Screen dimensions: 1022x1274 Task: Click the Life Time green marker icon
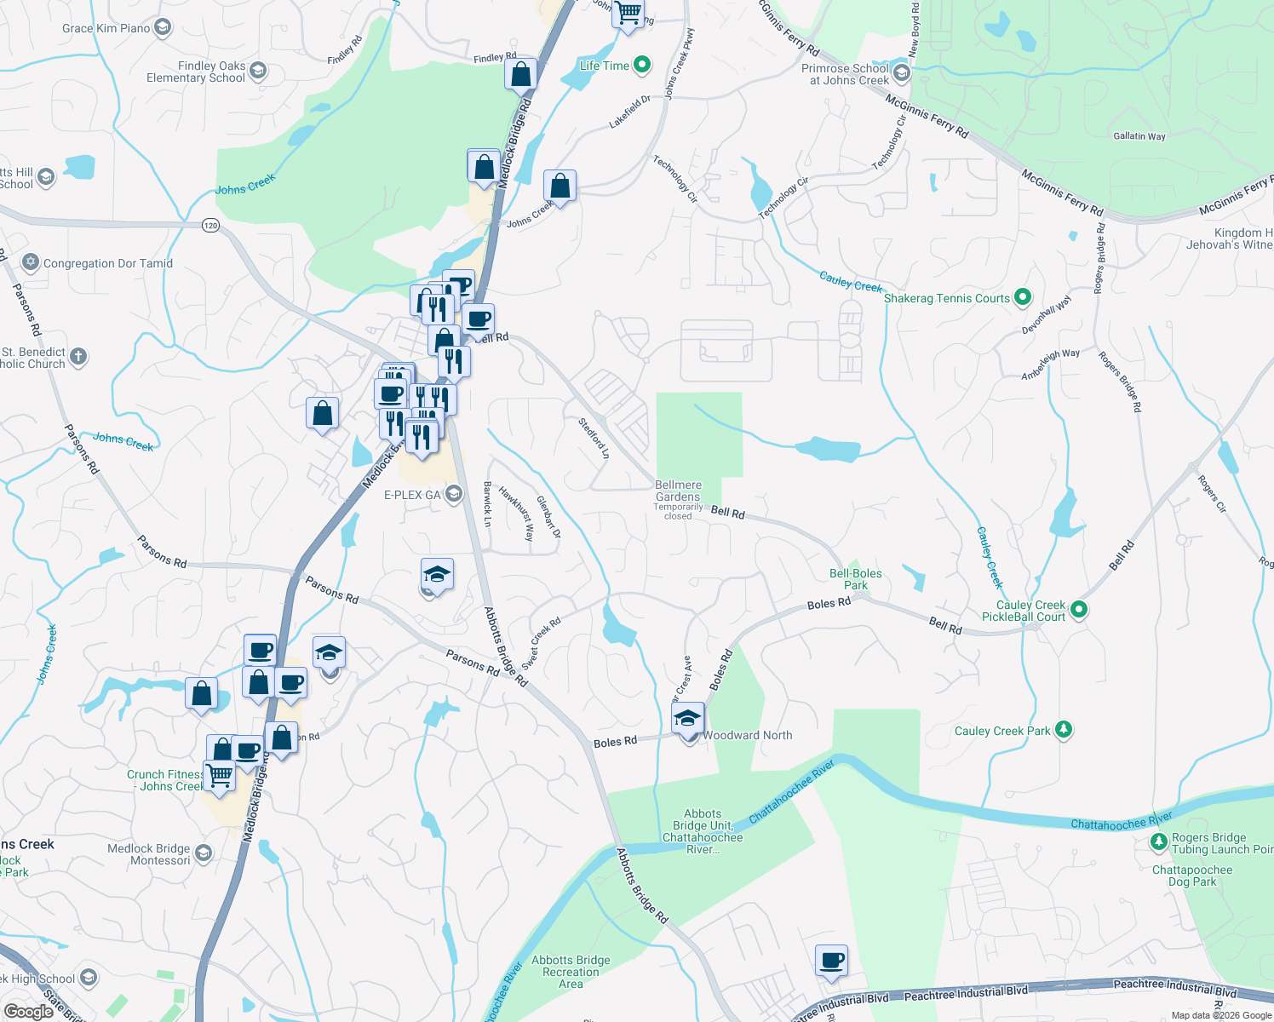[x=643, y=65]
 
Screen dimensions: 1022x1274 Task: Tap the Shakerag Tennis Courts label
[x=946, y=298]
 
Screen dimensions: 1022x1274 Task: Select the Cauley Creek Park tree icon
[x=1063, y=730]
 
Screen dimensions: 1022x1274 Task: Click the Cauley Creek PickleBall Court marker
[x=1079, y=609]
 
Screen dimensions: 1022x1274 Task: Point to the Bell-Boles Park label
[x=855, y=579]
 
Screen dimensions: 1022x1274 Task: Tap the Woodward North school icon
[x=687, y=719]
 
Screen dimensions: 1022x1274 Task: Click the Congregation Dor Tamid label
[x=108, y=263]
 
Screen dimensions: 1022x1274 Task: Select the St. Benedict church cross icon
[x=78, y=356]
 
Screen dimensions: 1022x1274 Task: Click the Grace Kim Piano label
[x=106, y=28]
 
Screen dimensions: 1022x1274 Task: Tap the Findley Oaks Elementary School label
[x=196, y=72]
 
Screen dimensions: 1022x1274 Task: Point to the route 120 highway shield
[x=210, y=225]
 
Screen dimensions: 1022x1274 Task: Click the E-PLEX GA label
[x=412, y=495]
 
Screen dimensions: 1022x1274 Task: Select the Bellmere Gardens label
[x=678, y=491]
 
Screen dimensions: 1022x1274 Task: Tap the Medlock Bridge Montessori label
[x=148, y=854]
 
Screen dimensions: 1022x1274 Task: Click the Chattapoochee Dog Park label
[x=1192, y=876]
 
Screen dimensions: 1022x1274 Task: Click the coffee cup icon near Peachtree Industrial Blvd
[x=831, y=960]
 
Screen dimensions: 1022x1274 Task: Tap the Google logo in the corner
[x=28, y=1011]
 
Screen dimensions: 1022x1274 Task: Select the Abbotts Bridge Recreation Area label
[x=571, y=972]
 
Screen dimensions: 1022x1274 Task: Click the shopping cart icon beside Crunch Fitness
[x=219, y=776]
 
